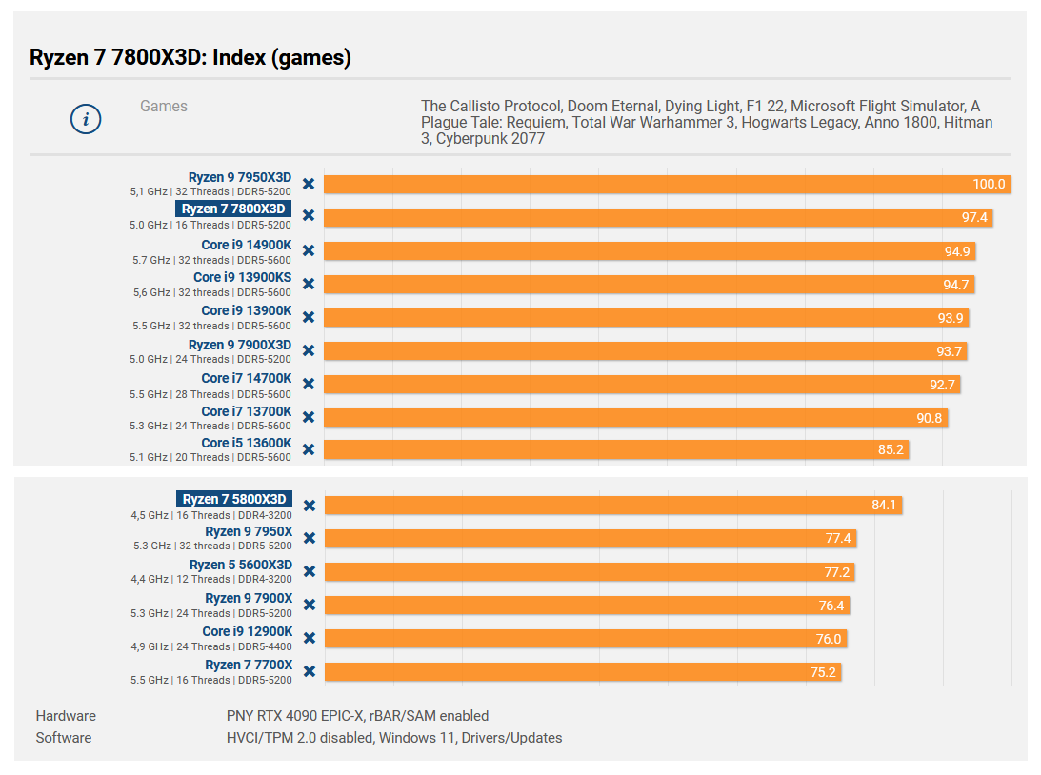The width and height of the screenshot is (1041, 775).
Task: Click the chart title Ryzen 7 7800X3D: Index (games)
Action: pos(190,58)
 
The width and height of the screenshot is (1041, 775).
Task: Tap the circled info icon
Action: pos(86,119)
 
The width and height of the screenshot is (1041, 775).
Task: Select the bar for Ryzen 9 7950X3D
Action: pos(667,184)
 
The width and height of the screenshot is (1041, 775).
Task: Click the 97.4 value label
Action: pos(975,218)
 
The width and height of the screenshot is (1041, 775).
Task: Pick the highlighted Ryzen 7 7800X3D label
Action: pos(233,209)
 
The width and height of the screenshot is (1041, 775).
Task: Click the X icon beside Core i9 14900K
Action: pos(309,250)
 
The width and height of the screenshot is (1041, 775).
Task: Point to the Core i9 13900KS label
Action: pos(242,278)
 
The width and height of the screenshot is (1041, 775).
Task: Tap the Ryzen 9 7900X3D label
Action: pos(240,345)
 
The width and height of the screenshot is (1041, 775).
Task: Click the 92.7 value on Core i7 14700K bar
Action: pos(943,385)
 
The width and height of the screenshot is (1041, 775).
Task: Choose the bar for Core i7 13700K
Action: pos(635,418)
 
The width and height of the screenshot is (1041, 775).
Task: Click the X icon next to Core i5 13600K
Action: pos(309,448)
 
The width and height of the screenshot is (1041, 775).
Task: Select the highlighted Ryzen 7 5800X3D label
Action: pos(233,499)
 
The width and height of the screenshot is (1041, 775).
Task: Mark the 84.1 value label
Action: pos(884,505)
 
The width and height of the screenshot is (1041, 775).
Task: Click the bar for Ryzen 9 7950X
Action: pos(590,539)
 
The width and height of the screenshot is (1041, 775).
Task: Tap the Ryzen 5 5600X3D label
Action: pos(241,565)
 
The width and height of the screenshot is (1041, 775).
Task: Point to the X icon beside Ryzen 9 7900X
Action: pos(309,605)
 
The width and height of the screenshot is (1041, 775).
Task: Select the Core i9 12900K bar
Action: pos(585,639)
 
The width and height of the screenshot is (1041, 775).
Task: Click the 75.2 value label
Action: pos(824,672)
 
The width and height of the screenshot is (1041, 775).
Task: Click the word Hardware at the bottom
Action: pos(66,716)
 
